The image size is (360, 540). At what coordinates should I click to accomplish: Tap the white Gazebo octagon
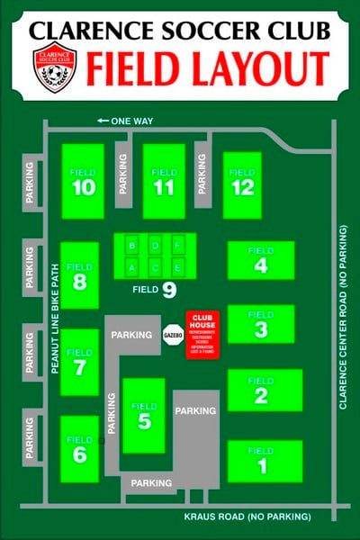(173, 335)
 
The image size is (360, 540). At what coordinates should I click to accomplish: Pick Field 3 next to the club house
(261, 324)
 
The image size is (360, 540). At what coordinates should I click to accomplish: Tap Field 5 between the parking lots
(144, 415)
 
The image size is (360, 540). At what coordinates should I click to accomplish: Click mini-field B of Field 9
(132, 245)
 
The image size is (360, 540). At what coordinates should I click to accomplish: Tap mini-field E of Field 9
(178, 267)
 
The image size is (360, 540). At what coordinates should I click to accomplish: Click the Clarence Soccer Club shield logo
(55, 67)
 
